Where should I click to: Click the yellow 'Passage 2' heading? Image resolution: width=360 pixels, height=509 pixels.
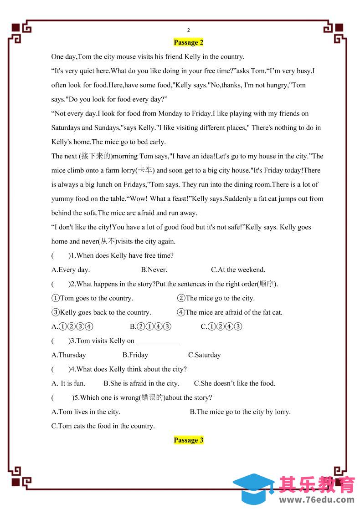188,42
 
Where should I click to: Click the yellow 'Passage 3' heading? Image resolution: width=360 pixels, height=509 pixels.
188,440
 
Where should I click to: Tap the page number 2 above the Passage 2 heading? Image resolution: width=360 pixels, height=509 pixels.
188,30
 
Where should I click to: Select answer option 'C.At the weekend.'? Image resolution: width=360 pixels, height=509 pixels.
238,270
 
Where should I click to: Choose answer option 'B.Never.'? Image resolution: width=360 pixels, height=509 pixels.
154,270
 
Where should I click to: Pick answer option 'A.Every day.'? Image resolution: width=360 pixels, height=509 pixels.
71,270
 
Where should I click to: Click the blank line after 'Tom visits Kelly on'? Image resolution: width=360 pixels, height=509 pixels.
159,341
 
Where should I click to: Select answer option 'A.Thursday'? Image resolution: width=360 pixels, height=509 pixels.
69,355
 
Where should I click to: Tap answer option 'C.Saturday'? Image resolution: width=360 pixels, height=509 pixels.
204,355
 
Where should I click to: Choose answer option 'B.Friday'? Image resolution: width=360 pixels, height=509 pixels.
135,355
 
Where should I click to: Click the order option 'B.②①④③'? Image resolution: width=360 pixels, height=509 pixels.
150,326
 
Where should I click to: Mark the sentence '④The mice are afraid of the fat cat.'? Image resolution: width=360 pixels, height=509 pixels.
230,312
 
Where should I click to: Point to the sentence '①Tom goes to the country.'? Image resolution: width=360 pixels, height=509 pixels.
92,298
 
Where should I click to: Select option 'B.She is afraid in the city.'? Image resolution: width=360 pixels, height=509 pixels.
141,383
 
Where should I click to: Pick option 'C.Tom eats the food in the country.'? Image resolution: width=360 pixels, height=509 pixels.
103,426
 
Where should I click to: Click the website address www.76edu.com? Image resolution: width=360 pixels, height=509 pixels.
317,499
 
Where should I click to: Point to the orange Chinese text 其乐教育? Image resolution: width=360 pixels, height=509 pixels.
317,484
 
